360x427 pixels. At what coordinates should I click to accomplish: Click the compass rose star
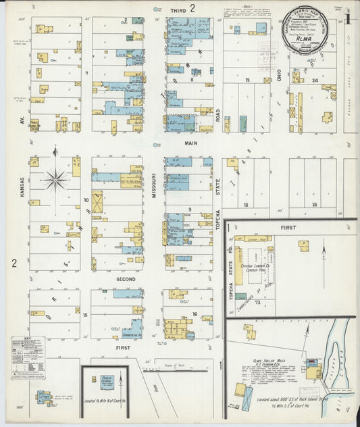coord(55,179)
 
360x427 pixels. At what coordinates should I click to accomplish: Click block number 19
coord(248,80)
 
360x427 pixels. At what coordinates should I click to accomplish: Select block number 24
coord(315,80)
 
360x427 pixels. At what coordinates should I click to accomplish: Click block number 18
coord(247,203)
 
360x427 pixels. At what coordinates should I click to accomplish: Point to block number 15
coord(85,314)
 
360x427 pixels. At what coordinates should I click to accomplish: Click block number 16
coord(194,314)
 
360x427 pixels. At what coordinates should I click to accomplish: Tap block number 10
coord(86,200)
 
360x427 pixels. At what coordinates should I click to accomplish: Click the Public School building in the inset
coord(105,380)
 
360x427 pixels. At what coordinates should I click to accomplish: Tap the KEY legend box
coord(28,357)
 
